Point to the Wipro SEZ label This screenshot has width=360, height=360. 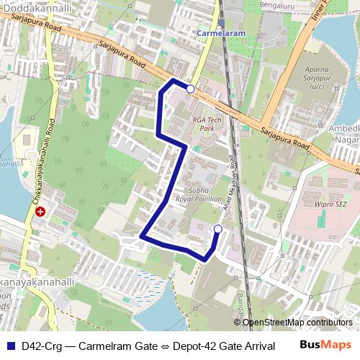[332, 204]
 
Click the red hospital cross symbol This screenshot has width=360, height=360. [41, 212]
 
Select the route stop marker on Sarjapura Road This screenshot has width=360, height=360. [190, 89]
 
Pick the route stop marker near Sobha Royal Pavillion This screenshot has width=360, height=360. [217, 229]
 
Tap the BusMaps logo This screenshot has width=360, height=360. [326, 345]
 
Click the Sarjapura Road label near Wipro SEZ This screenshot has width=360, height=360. [284, 137]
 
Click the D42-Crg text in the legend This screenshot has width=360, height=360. [41, 346]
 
